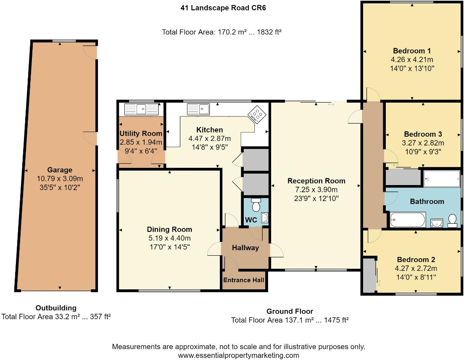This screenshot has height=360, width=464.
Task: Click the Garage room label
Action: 59,170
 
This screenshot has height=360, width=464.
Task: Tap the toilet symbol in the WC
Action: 256,205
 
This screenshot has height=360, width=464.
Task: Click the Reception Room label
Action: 316,181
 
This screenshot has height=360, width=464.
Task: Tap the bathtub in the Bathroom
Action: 408,220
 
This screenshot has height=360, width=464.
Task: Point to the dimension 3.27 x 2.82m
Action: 422,143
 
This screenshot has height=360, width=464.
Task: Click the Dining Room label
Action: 169,229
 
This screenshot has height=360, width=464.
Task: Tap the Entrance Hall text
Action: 244,281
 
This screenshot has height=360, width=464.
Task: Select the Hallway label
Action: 245,248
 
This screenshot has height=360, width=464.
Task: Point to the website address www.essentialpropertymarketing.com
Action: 238,355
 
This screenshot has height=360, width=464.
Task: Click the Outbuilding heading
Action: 56,308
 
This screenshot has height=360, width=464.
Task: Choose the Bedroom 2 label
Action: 416,259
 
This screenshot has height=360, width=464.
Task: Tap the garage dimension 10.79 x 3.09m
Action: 59,178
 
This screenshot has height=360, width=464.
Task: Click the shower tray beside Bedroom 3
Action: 441,178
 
